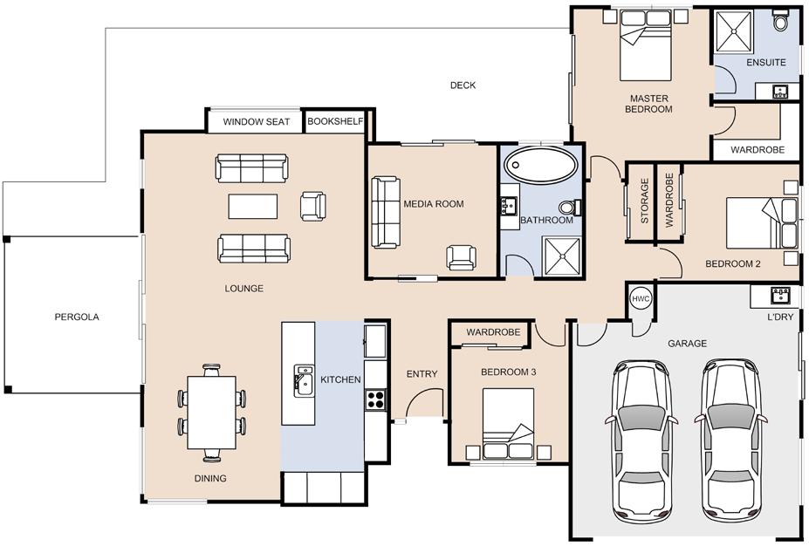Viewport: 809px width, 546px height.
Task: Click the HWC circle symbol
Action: [641, 298]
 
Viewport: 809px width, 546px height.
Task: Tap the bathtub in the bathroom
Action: [541, 166]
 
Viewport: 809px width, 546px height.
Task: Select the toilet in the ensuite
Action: [780, 20]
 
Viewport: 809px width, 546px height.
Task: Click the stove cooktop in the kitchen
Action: [375, 399]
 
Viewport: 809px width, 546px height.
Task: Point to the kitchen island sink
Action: [304, 380]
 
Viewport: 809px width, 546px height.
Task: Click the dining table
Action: [211, 413]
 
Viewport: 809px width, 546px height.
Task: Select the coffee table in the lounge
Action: [253, 206]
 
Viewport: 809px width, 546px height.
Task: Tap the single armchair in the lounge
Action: [312, 206]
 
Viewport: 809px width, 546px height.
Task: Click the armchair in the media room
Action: [462, 257]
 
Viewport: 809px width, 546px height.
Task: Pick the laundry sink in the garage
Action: [780, 296]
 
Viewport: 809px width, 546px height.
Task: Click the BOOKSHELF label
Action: [335, 121]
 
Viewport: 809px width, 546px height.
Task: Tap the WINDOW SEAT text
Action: [257, 122]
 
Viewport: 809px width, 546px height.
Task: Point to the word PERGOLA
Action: [77, 317]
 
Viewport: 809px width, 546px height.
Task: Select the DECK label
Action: [463, 85]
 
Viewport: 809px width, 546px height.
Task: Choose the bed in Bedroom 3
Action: [508, 423]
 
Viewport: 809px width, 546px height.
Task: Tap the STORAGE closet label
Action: [644, 201]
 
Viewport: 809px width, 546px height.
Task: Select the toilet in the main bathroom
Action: [570, 208]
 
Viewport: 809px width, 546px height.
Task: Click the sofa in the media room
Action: [386, 212]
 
